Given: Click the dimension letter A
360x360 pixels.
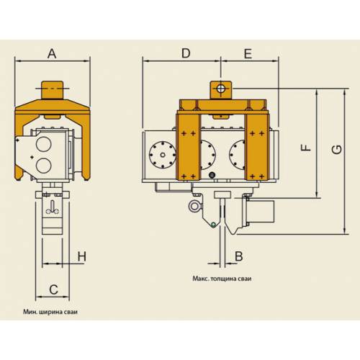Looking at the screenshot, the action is (52, 53).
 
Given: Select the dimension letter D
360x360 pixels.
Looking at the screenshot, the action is (186, 53).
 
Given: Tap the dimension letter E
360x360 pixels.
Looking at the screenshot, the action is (248, 53).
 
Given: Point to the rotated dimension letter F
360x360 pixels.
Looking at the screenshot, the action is (306, 148).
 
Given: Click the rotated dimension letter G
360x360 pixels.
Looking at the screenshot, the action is (336, 150).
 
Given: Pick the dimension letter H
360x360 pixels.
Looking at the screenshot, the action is (82, 256).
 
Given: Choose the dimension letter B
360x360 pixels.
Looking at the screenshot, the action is (239, 256).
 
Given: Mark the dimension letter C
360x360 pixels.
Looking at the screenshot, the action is (53, 289).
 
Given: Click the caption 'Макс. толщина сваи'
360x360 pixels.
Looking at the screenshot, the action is (222, 279).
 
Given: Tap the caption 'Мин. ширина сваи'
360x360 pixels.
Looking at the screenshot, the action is (50, 312).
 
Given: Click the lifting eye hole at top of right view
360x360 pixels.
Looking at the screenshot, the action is (221, 89).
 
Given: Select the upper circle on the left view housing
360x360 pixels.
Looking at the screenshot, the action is (43, 144).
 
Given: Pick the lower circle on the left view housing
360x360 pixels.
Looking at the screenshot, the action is (43, 166).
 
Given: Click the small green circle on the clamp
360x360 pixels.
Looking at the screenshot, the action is (213, 225).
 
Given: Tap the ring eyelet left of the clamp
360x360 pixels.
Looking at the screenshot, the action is (194, 207).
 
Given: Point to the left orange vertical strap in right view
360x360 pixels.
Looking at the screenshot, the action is (188, 146).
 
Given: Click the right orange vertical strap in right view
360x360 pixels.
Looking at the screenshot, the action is (257, 146).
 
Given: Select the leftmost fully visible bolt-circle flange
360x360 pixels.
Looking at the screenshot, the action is (163, 155).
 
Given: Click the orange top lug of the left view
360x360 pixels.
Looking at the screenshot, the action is (53, 90).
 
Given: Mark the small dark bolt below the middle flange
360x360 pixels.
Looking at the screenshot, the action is (212, 175).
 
